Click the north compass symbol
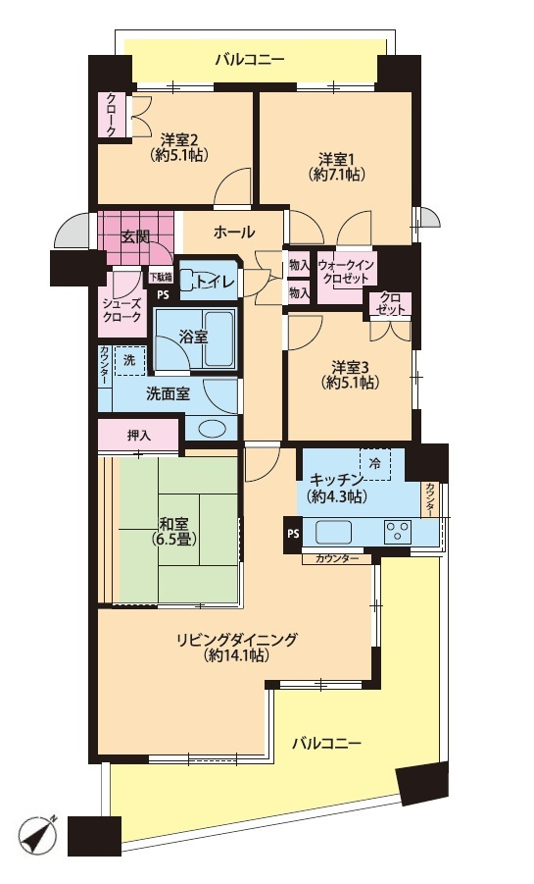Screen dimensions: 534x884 pyautogui.click(x=38, y=836)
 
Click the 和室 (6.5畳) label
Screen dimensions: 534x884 pyautogui.click(x=173, y=531)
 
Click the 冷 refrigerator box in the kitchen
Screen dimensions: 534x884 pyautogui.click(x=375, y=464)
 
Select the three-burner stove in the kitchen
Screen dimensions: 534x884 pyautogui.click(x=398, y=532)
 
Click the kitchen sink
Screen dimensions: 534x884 pyautogui.click(x=333, y=532)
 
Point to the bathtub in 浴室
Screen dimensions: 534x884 pyautogui.click(x=219, y=339)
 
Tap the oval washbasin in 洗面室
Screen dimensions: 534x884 pyautogui.click(x=212, y=429)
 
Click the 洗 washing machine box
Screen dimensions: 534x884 pyautogui.click(x=129, y=360)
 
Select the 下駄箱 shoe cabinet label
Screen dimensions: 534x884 pyautogui.click(x=161, y=277)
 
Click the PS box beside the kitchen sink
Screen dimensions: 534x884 pyautogui.click(x=293, y=534)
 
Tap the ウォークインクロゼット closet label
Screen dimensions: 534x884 pyautogui.click(x=345, y=272)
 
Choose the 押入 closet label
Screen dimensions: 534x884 pyautogui.click(x=138, y=436)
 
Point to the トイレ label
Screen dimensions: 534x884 pyautogui.click(x=217, y=280)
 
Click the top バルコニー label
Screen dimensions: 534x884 pyautogui.click(x=250, y=60)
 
